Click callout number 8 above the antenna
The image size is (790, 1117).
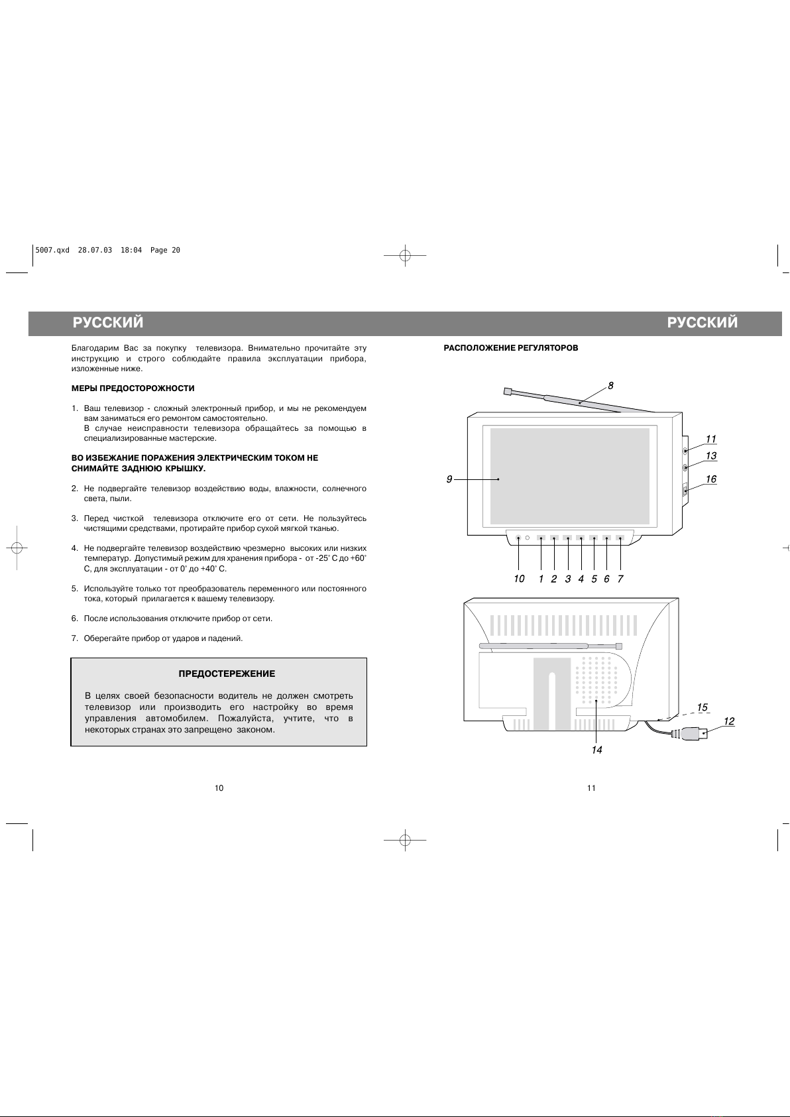(610, 385)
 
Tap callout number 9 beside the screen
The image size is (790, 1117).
(449, 479)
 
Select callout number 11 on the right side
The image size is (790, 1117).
(710, 439)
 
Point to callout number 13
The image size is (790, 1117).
(710, 456)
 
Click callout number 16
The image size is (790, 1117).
(710, 479)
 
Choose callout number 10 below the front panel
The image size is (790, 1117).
(519, 579)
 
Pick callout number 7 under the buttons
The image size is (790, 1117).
(620, 579)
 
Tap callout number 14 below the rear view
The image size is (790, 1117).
(597, 750)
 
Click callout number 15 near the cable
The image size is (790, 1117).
(703, 707)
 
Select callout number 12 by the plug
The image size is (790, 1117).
(728, 721)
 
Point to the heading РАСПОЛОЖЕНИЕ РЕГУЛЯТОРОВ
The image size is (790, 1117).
(510, 348)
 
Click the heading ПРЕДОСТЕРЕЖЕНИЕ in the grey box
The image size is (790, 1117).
(227, 674)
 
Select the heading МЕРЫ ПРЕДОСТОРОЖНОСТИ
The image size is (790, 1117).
(133, 388)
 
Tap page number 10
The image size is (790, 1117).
(219, 788)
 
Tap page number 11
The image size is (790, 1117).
(591, 788)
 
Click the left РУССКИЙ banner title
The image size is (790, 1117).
(108, 323)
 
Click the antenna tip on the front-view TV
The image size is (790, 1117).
(508, 392)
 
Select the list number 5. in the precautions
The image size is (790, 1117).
(75, 589)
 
